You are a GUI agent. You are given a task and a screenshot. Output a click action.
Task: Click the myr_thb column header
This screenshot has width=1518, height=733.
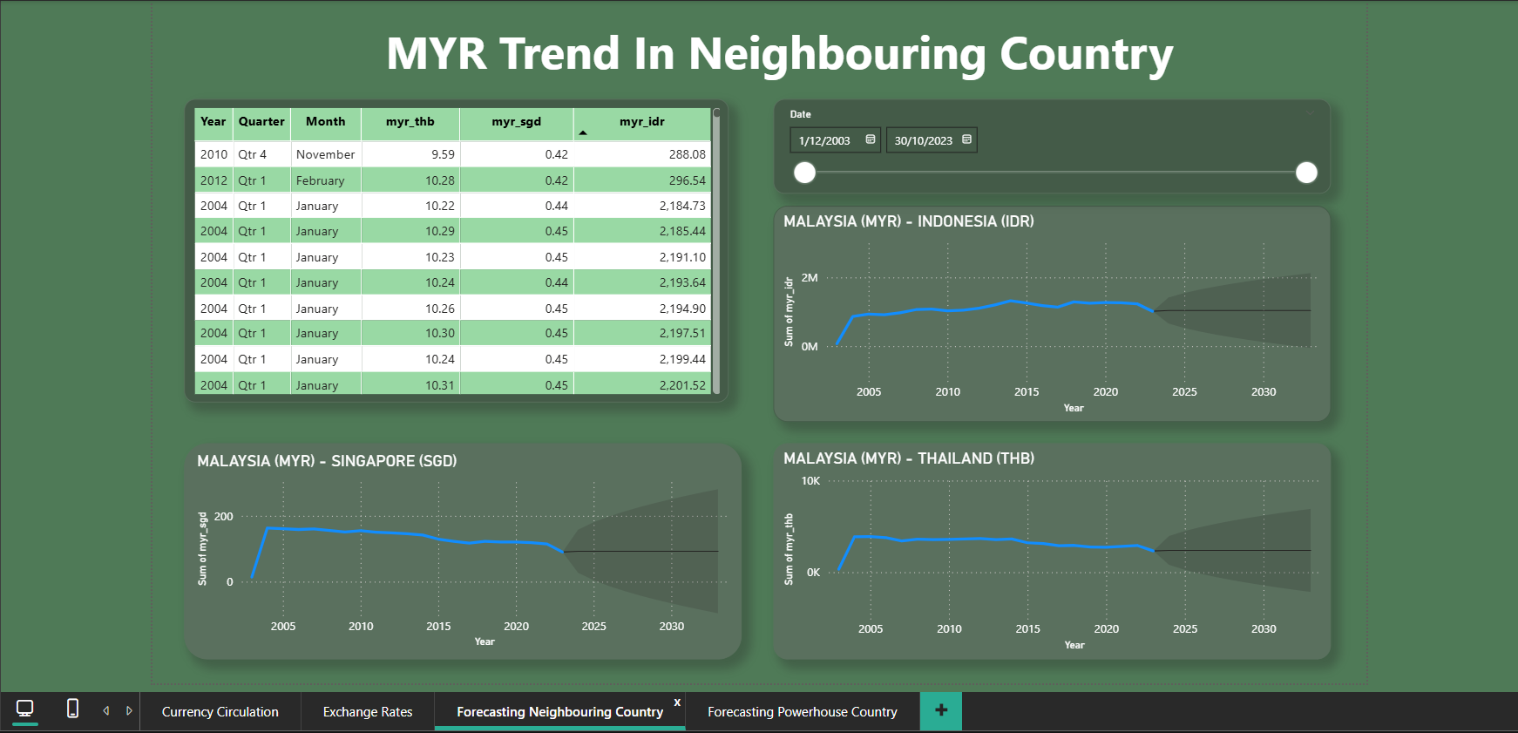click(x=410, y=122)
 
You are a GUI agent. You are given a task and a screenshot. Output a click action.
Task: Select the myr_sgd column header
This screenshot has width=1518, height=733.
click(x=516, y=122)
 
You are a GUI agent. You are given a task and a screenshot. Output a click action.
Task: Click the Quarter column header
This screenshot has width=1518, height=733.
click(x=261, y=122)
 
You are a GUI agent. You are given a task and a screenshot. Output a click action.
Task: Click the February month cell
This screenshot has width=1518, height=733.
click(x=320, y=180)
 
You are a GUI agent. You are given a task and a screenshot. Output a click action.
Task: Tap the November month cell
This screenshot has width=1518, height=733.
click(x=325, y=154)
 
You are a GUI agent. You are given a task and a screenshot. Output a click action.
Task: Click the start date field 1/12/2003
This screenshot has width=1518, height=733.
click(x=825, y=140)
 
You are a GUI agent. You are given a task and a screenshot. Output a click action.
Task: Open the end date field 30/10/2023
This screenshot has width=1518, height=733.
click(x=923, y=140)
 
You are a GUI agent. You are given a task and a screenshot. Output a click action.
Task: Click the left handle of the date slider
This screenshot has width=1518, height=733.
click(x=805, y=173)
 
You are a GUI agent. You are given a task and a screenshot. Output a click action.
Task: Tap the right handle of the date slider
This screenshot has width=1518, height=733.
click(x=1306, y=173)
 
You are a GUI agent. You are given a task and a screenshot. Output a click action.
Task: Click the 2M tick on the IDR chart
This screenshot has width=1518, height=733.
click(x=810, y=278)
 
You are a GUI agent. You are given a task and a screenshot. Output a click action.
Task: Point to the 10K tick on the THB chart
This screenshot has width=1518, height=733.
click(x=810, y=481)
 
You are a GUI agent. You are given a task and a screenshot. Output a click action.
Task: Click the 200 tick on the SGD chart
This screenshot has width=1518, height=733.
click(x=224, y=517)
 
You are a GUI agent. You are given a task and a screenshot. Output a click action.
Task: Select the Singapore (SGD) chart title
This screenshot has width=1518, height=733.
click(x=327, y=461)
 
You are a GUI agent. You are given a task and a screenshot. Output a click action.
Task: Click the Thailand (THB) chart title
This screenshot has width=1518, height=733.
click(x=909, y=458)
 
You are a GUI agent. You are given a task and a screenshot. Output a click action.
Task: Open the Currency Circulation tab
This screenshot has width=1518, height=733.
click(x=220, y=712)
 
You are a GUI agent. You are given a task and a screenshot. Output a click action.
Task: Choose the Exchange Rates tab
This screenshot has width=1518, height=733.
click(x=368, y=712)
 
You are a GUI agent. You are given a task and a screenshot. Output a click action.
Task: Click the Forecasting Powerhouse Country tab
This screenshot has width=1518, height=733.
click(x=802, y=712)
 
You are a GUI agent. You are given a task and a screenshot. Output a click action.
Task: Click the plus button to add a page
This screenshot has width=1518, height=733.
click(x=941, y=711)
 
